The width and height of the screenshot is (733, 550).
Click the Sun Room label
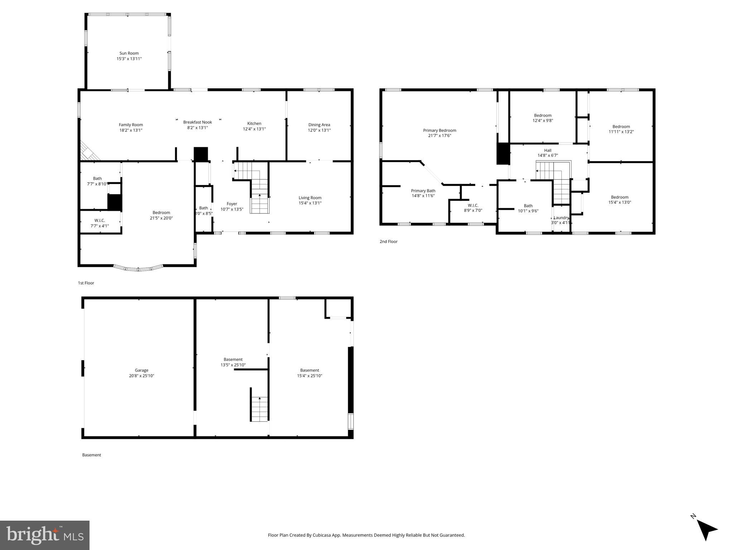point(129,53)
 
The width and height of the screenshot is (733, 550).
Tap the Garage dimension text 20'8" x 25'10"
point(142,376)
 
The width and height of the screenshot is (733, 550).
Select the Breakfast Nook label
point(197,122)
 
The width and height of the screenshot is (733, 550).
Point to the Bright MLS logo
point(45,535)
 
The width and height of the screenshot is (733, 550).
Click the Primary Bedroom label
point(439,130)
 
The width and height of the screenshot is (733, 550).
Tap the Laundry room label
point(561,218)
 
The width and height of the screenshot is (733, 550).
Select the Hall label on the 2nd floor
point(548,150)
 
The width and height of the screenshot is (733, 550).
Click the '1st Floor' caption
point(86,283)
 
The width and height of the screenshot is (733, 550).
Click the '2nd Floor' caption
point(389,242)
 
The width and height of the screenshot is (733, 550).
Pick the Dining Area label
point(319,125)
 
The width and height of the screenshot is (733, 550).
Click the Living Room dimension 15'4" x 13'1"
point(310,203)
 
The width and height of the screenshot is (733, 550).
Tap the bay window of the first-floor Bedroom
point(138,268)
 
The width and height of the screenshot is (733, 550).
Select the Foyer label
point(232,204)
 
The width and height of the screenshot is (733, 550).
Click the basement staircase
point(259,409)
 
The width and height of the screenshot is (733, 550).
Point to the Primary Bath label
point(423,191)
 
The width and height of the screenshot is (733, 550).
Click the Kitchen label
point(254,124)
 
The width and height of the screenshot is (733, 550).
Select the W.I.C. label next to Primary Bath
point(473,206)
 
